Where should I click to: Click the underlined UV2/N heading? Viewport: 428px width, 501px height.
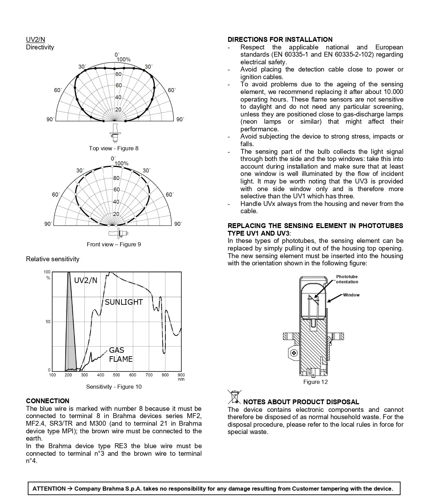click(x=35, y=39)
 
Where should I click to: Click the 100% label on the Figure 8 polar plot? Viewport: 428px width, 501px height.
click(x=124, y=60)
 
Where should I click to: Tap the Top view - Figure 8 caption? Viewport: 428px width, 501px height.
click(x=113, y=148)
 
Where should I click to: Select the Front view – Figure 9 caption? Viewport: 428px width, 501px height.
click(x=114, y=244)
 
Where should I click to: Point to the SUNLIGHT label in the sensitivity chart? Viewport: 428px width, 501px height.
click(x=124, y=302)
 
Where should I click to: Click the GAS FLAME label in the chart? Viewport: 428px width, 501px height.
click(x=121, y=355)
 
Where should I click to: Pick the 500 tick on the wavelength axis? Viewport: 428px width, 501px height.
click(x=116, y=375)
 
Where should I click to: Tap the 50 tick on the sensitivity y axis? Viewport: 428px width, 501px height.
click(x=48, y=322)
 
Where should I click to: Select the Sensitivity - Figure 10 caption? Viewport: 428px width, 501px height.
click(x=114, y=387)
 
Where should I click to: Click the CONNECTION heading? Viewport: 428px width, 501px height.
click(x=48, y=401)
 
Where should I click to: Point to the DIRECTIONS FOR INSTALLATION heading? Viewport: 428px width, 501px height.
click(x=280, y=39)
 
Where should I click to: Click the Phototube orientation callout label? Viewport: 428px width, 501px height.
click(x=347, y=279)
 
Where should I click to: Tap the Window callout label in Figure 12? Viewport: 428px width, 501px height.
click(x=351, y=295)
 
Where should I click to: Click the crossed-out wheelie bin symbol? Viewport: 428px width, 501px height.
click(x=235, y=397)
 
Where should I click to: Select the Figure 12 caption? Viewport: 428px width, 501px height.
click(x=316, y=382)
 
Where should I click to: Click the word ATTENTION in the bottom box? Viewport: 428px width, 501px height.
click(x=49, y=489)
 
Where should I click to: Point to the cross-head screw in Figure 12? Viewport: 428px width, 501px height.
click(x=294, y=353)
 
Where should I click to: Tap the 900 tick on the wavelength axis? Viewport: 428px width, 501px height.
click(x=181, y=375)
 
